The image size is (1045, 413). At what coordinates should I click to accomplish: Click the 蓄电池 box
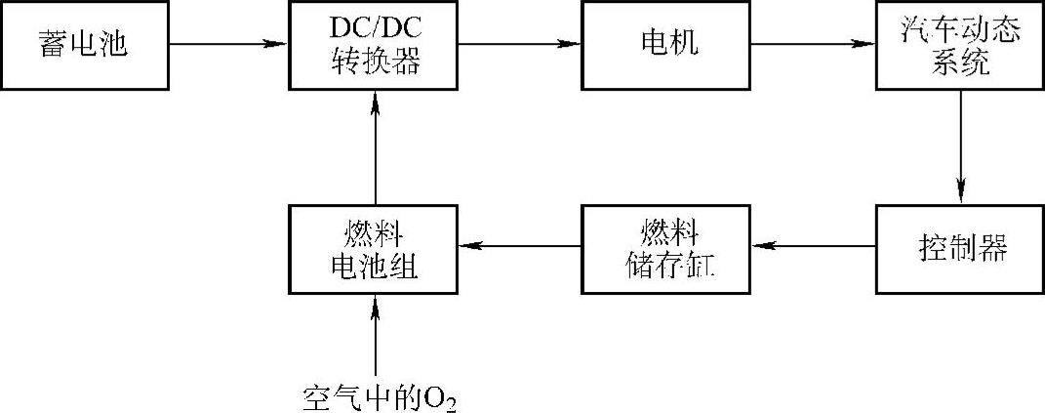(84, 46)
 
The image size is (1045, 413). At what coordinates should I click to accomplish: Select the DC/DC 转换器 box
(376, 46)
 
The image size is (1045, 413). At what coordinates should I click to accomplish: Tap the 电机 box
(667, 46)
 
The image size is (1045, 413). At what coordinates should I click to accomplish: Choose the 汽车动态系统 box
(960, 46)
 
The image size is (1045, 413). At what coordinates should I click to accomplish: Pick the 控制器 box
(960, 247)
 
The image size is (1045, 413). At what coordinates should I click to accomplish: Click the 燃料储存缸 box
(667, 247)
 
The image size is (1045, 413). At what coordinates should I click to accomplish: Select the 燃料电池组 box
(376, 247)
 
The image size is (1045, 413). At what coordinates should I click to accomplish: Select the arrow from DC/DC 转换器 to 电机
(521, 44)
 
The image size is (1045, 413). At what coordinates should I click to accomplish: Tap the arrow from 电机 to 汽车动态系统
(813, 44)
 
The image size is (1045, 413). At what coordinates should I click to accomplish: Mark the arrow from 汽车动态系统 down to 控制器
(961, 146)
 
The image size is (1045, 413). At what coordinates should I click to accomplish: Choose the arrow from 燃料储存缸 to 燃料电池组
(521, 247)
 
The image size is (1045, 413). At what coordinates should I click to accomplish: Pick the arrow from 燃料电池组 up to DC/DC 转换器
(376, 146)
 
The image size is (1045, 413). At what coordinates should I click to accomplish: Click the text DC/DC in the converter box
(376, 30)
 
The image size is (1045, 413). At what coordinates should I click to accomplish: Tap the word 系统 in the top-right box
(960, 63)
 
